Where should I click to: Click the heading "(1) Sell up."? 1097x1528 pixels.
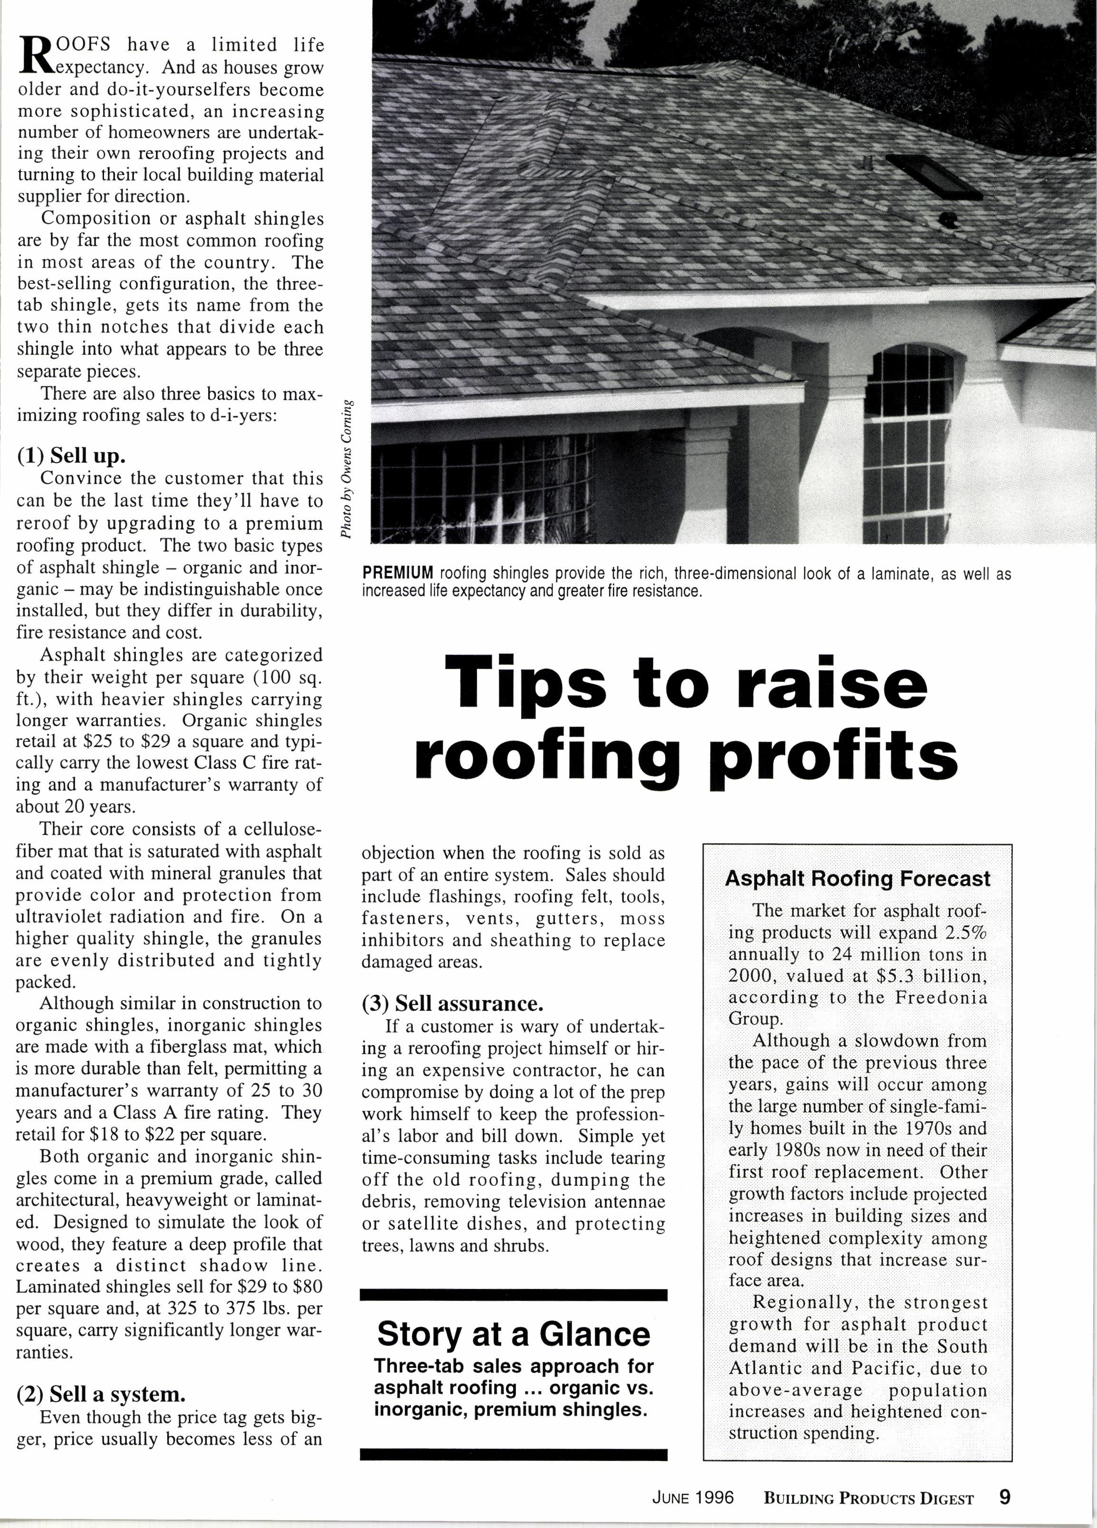pyautogui.click(x=71, y=456)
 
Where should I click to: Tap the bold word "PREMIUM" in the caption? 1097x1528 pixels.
pyautogui.click(x=397, y=573)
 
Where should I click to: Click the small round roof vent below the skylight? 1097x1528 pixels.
pyautogui.click(x=950, y=219)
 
